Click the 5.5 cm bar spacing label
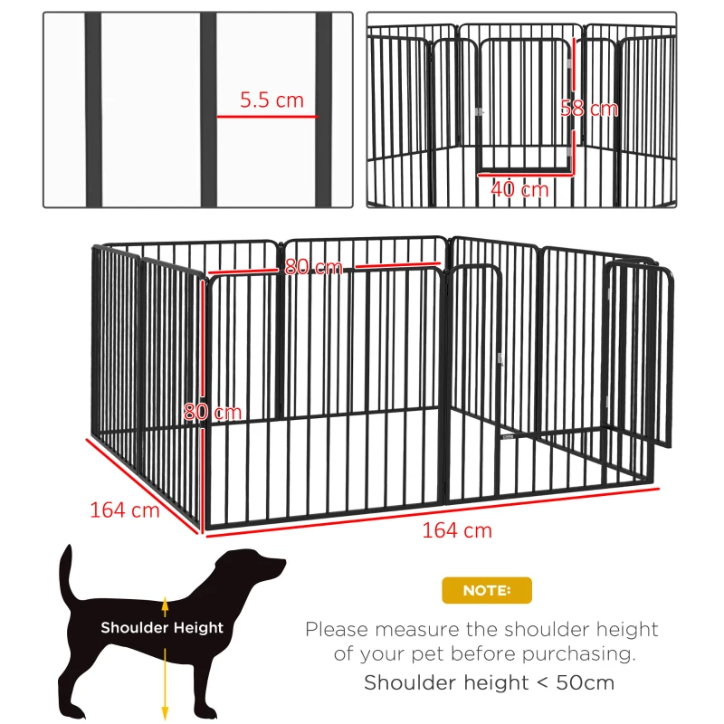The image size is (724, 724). (271, 100)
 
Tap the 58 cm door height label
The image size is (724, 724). (589, 109)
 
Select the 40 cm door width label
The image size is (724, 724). (519, 189)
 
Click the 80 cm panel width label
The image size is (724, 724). (313, 267)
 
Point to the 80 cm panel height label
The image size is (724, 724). (213, 412)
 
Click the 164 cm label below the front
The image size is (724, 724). (456, 530)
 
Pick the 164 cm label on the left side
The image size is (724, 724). (124, 510)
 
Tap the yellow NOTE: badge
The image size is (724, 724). (486, 590)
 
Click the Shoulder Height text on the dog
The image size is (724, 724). (162, 627)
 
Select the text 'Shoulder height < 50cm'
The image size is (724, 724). (489, 682)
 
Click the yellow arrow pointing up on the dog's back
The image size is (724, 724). (165, 604)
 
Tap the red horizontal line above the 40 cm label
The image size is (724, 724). (525, 175)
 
